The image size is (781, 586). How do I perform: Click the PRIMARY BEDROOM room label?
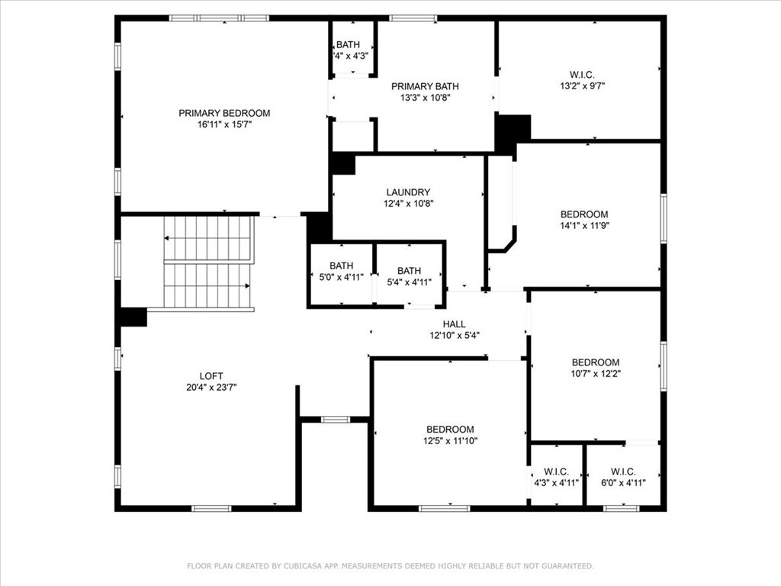[x=224, y=113]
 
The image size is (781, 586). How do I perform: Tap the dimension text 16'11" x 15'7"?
[x=224, y=124]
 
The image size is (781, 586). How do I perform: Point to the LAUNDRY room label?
[x=408, y=192]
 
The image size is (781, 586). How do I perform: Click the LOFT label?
[x=211, y=375]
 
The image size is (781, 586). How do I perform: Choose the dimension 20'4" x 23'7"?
[x=211, y=387]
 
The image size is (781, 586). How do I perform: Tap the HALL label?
[x=454, y=324]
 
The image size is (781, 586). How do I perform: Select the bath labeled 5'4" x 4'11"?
[x=409, y=275]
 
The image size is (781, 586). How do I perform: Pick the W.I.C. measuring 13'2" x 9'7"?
[x=582, y=80]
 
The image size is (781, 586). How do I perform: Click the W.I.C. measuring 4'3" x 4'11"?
[x=557, y=477]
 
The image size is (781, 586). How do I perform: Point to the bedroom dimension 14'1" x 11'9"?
[x=584, y=225]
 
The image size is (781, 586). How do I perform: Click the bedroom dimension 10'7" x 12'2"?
[x=596, y=373]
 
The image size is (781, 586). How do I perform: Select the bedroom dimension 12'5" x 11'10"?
[x=450, y=440]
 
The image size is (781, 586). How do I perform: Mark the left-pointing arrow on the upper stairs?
[x=168, y=238]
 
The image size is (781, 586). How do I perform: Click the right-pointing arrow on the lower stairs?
[x=247, y=285]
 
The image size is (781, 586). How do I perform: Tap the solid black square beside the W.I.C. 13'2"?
[x=512, y=131]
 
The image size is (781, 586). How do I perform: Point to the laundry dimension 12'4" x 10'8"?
[x=408, y=204]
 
